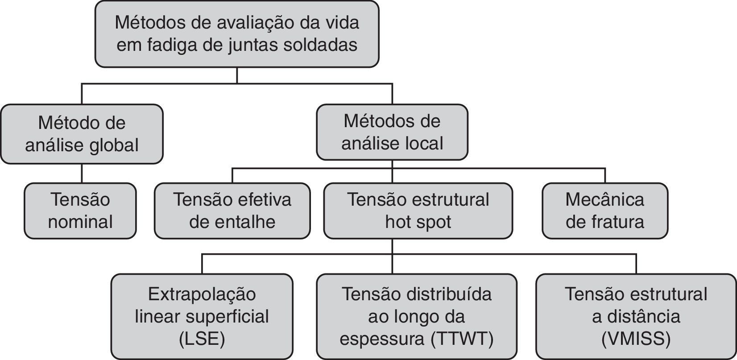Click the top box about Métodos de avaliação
tap(237, 34)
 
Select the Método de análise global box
tap(82, 134)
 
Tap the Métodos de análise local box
tap(392, 132)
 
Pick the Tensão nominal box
tap(80, 211)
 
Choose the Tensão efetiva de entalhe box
tap(232, 211)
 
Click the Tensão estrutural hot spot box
tap(418, 211)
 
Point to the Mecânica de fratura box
tap(605, 211)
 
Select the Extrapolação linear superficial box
tap(202, 316)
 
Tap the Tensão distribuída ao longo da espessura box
tap(416, 316)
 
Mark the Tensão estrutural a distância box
tap(636, 316)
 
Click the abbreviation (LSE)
tap(202, 339)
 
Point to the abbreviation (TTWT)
tap(463, 339)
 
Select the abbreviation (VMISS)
tap(636, 339)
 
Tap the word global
tap(113, 145)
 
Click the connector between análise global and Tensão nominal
tap(82, 173)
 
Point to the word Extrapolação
tap(202, 294)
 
